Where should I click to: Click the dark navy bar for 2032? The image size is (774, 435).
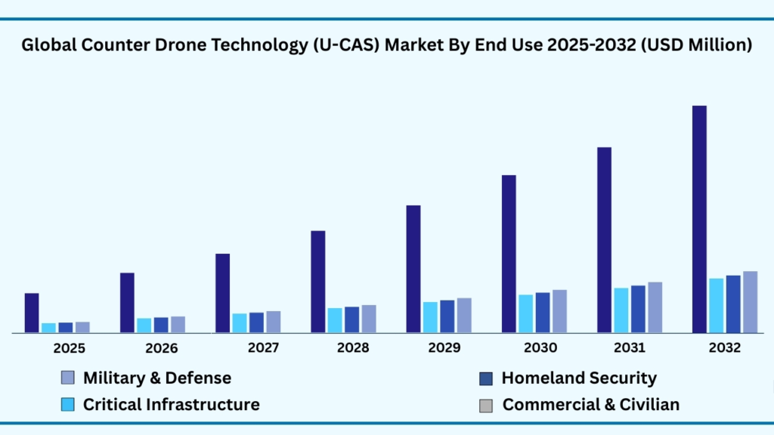pyautogui.click(x=699, y=219)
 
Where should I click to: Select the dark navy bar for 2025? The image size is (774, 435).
pyautogui.click(x=32, y=313)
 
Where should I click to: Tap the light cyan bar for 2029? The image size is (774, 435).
pyautogui.click(x=430, y=317)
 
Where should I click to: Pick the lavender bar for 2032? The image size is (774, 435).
pyautogui.click(x=750, y=302)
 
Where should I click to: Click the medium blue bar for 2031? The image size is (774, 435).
pyautogui.click(x=638, y=309)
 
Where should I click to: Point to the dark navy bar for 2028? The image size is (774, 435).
pyautogui.click(x=318, y=282)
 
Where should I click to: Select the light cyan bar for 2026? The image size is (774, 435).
pyautogui.click(x=144, y=325)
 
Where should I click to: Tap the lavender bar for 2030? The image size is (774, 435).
pyautogui.click(x=559, y=311)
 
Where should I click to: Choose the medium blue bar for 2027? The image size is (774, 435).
pyautogui.click(x=256, y=322)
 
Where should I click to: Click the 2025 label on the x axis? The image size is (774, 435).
pyautogui.click(x=69, y=348)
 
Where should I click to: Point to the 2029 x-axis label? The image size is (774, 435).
pyautogui.click(x=444, y=348)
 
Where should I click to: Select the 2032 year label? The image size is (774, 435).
pyautogui.click(x=725, y=348)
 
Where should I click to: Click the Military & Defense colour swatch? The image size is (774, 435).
pyautogui.click(x=67, y=378)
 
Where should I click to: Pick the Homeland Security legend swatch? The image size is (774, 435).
pyautogui.click(x=486, y=378)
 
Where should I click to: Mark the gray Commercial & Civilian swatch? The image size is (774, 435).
pyautogui.click(x=486, y=406)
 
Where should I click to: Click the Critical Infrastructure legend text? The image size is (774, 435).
pyautogui.click(x=171, y=405)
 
